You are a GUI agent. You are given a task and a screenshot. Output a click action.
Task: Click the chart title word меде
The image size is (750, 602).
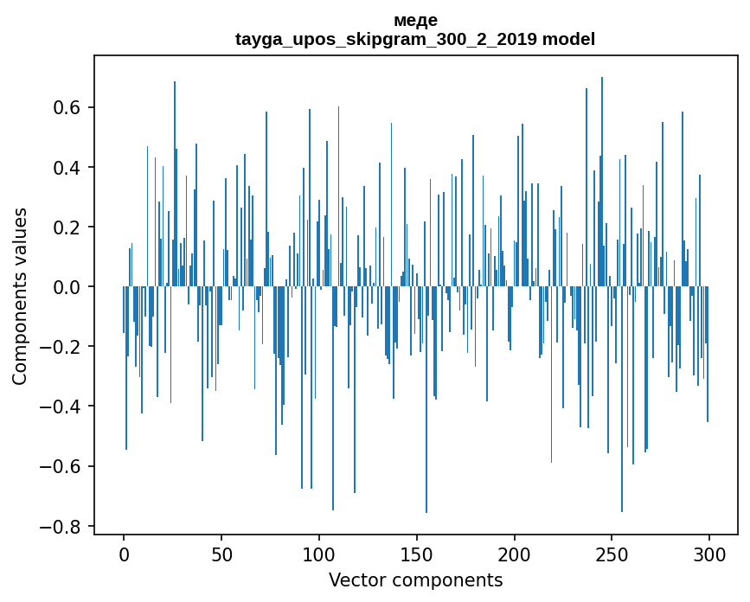[415, 21]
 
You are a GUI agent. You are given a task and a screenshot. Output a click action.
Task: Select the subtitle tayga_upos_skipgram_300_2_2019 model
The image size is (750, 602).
[415, 40]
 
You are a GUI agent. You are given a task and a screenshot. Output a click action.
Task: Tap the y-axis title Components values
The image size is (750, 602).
[20, 296]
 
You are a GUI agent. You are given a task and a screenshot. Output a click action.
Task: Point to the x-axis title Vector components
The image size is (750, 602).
[415, 580]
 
